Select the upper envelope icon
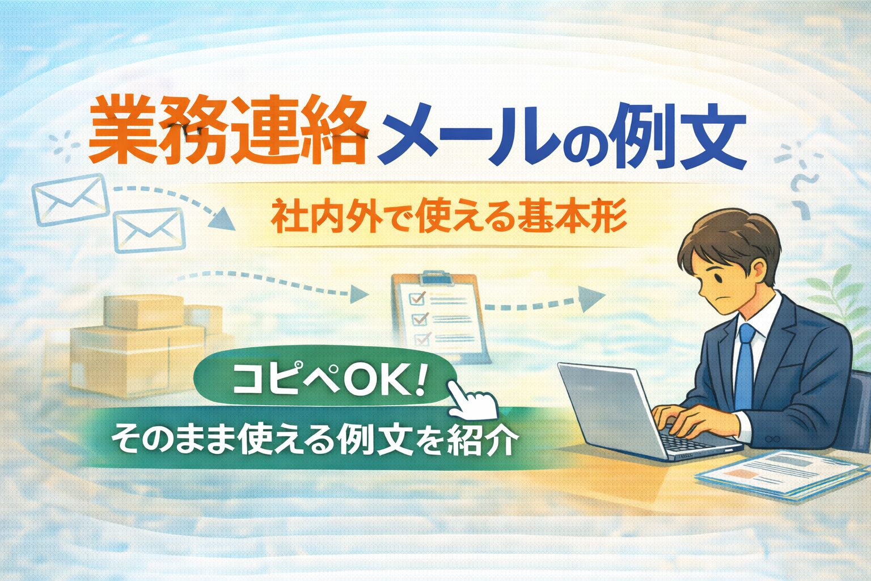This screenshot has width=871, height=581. (69, 198)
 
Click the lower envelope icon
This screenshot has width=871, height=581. (150, 230)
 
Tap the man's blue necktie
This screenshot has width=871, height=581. (745, 363)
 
